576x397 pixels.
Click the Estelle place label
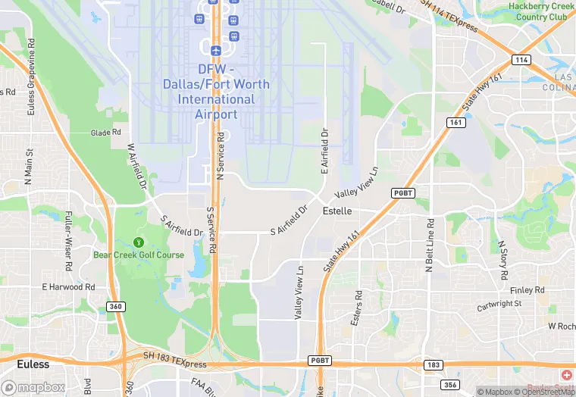337,211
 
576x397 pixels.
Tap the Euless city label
33,364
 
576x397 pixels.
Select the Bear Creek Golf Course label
139,255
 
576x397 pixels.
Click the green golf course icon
138,242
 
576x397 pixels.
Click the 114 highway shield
520,59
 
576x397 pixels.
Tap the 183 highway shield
433,365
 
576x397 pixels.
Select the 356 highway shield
451,384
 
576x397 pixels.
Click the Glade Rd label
106,133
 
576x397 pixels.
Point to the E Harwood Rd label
68,287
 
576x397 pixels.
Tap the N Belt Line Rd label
429,245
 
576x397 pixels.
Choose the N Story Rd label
502,260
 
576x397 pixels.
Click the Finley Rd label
527,290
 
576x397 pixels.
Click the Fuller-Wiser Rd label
68,241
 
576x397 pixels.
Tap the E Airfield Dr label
324,151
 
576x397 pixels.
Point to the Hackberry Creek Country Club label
537,11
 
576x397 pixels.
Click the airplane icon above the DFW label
216,50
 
